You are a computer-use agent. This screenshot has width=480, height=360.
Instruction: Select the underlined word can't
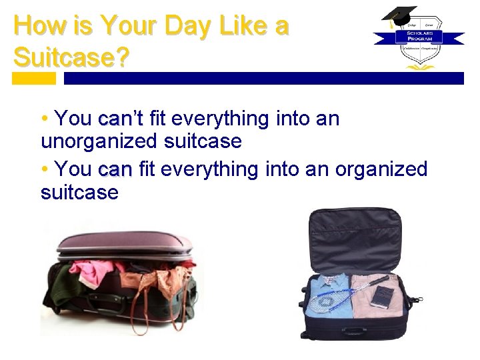click(x=120, y=119)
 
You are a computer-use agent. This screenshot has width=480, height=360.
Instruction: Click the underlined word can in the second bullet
click(x=115, y=169)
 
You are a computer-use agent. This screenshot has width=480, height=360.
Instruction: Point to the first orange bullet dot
click(x=44, y=119)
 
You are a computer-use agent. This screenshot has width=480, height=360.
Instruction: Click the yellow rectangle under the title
click(x=34, y=78)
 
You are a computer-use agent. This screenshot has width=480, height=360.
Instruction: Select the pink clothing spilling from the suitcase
click(x=93, y=270)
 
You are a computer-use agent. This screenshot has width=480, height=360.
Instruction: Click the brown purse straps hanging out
click(x=150, y=303)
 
